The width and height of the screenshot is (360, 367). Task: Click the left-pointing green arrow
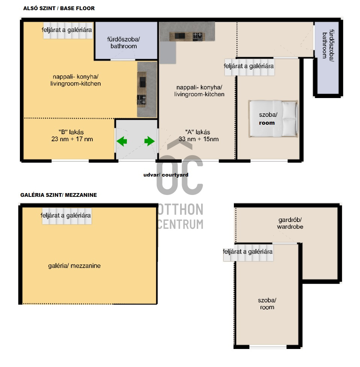(122, 141)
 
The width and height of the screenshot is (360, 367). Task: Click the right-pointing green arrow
(149, 141)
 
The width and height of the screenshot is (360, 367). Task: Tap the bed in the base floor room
(273, 119)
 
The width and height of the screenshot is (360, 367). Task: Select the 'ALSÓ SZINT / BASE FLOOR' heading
(59, 8)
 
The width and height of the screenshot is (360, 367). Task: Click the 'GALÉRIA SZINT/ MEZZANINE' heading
(59, 195)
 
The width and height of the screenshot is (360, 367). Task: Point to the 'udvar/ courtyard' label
(166, 175)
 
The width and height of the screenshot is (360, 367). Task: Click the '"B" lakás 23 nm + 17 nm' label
(72, 136)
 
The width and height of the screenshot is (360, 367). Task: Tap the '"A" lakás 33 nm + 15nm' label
(199, 136)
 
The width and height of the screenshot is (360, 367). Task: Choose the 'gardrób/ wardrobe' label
(290, 223)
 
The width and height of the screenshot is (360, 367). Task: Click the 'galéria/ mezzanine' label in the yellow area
(74, 266)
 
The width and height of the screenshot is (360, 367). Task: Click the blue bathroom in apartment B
(126, 41)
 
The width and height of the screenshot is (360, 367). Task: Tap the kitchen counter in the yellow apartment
(147, 89)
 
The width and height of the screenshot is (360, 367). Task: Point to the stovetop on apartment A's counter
(197, 36)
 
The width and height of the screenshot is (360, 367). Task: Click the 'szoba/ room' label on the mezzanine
(267, 304)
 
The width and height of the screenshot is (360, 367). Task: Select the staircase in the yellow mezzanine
(67, 216)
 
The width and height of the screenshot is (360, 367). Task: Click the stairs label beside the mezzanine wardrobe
(248, 252)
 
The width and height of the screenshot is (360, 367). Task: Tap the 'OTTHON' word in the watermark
(180, 209)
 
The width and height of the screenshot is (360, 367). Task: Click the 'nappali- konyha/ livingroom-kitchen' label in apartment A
(199, 91)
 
